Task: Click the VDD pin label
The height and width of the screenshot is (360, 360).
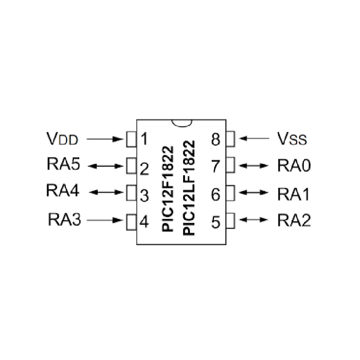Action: (62, 139)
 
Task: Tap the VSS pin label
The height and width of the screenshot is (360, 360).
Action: (292, 139)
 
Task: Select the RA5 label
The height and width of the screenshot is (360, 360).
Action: (63, 165)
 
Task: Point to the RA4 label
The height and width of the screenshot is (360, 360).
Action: (63, 190)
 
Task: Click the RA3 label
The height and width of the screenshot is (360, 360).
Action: (64, 220)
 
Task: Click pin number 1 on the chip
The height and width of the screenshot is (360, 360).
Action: (144, 139)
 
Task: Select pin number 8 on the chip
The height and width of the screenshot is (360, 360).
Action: (216, 139)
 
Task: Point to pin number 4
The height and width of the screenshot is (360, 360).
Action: (144, 221)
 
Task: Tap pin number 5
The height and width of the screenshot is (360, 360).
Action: (216, 221)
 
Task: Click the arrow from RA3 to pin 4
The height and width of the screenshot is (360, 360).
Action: (105, 220)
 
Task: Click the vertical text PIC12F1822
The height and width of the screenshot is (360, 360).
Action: (168, 188)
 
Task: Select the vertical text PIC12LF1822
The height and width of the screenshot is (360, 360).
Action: (189, 188)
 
